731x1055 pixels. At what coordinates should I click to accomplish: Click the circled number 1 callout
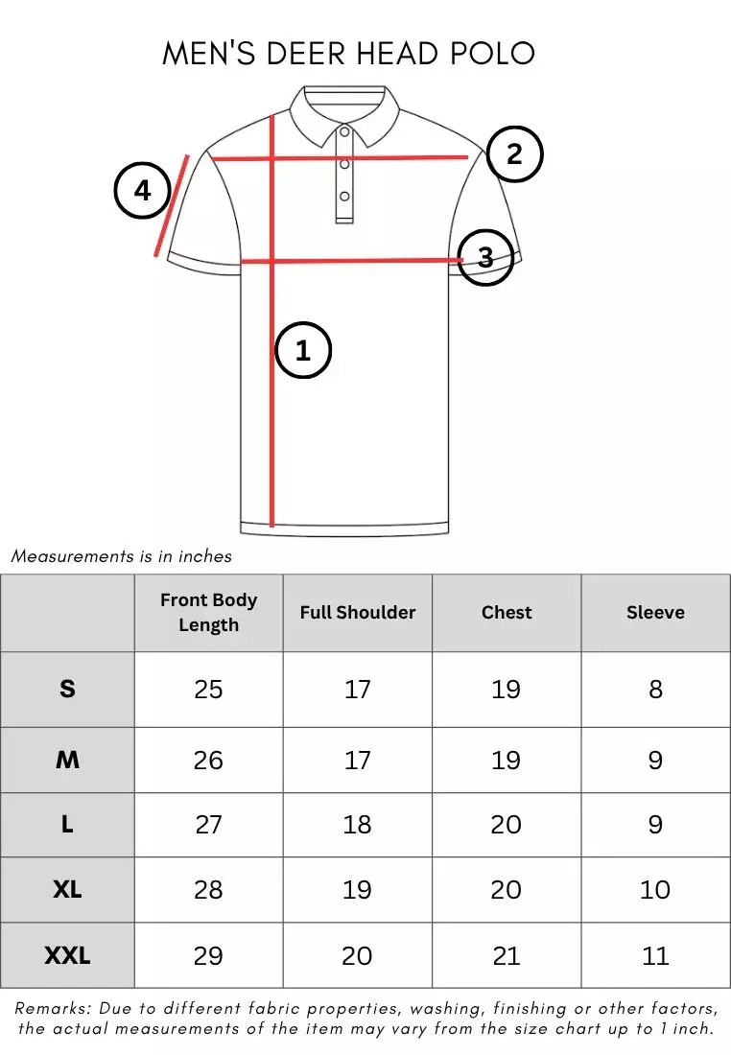tap(303, 350)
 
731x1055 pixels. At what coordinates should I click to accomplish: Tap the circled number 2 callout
tap(515, 153)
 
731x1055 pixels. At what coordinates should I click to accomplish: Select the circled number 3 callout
tap(485, 257)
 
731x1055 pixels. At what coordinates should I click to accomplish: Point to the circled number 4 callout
tap(143, 191)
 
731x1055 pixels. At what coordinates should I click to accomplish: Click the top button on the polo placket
tap(344, 131)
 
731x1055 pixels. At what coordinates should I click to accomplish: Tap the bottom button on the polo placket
tap(344, 197)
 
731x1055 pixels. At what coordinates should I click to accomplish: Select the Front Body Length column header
tap(208, 612)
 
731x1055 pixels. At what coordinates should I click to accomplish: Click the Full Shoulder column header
tap(358, 612)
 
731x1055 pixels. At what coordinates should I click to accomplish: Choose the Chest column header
tap(507, 612)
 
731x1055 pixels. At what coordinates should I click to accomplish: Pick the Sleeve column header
tap(655, 612)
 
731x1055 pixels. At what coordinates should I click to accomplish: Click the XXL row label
tap(67, 955)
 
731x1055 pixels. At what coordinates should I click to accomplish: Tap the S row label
tap(67, 689)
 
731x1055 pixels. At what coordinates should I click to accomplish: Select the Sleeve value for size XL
tap(655, 890)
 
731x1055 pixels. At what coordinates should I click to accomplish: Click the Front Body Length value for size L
tap(208, 825)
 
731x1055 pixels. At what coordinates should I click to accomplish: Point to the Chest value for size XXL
tap(507, 955)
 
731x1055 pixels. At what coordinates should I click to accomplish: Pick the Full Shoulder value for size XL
tap(358, 890)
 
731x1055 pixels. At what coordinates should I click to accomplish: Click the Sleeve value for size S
tap(655, 689)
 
